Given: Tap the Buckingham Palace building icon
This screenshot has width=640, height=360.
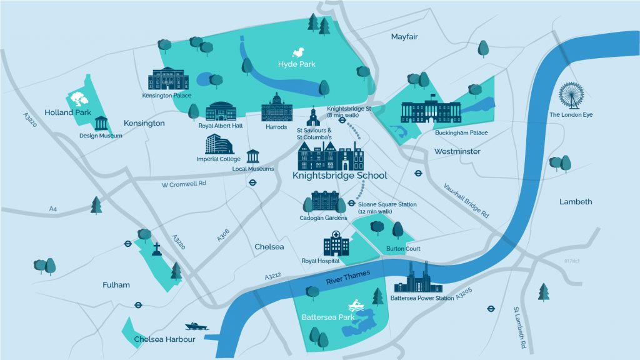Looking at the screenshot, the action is [430, 111].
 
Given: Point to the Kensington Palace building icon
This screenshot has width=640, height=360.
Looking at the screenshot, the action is [168, 79].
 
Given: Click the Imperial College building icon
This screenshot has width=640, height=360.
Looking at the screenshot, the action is [219, 144].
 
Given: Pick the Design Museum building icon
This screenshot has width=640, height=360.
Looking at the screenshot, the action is [102, 122].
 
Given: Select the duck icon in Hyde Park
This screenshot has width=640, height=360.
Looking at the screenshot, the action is [301, 52].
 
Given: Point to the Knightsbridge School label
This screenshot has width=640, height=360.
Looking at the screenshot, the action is [339, 176].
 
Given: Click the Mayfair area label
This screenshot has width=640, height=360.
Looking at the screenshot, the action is [404, 37].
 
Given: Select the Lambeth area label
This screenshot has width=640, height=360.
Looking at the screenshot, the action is [576, 202].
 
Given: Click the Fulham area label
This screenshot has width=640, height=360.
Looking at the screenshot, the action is [116, 285].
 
